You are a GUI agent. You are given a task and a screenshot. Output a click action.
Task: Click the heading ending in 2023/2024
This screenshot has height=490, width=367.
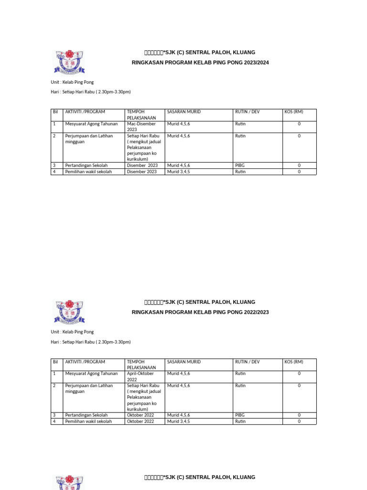[200, 63]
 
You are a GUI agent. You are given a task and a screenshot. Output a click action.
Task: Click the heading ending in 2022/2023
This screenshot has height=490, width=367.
[200, 312]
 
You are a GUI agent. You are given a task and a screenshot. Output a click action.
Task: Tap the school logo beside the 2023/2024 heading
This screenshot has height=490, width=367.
[69, 62]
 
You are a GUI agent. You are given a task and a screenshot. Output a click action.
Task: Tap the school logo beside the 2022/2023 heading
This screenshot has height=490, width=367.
[69, 312]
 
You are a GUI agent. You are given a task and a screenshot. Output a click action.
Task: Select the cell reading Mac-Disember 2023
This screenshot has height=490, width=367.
[141, 127]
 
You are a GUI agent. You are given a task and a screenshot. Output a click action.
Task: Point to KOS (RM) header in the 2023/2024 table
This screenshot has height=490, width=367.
[294, 112]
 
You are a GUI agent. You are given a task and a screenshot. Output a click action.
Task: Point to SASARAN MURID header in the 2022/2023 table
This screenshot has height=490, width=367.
[183, 362]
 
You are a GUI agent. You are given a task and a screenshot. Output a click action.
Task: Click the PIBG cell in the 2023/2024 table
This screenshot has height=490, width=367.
[240, 166]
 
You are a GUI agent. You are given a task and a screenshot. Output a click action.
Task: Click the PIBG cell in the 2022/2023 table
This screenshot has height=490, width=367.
[240, 415]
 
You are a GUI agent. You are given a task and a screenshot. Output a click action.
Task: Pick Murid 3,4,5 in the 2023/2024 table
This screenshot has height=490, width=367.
[178, 172]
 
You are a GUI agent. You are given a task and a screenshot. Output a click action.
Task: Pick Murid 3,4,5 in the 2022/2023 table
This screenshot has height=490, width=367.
[178, 422]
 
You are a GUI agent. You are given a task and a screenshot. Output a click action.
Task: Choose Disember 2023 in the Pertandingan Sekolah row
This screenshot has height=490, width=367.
[142, 166]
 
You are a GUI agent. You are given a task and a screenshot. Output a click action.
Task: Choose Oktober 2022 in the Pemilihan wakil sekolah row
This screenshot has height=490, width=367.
[140, 422]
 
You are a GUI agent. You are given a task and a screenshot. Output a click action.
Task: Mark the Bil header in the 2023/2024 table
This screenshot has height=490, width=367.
[55, 112]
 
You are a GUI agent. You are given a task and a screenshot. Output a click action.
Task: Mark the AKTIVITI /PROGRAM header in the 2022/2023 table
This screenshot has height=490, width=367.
[85, 362]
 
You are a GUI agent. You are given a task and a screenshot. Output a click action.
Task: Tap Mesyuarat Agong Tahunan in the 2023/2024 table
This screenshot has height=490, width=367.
[91, 124]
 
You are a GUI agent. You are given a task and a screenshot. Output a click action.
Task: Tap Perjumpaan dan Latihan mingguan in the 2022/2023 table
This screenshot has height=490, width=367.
[89, 389]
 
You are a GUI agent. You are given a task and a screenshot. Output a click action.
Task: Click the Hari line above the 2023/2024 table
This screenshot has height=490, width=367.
[91, 92]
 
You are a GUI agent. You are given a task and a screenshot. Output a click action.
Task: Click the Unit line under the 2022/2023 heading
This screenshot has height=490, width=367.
[72, 332]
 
